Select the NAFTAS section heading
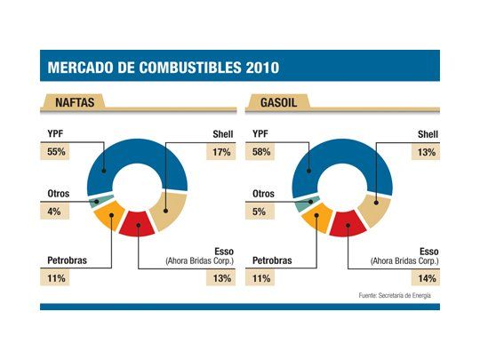(71, 104)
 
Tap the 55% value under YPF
(56, 151)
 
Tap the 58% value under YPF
(264, 151)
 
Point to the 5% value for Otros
(260, 211)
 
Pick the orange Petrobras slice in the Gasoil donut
(316, 218)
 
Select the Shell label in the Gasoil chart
(428, 135)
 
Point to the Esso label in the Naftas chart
(222, 250)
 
